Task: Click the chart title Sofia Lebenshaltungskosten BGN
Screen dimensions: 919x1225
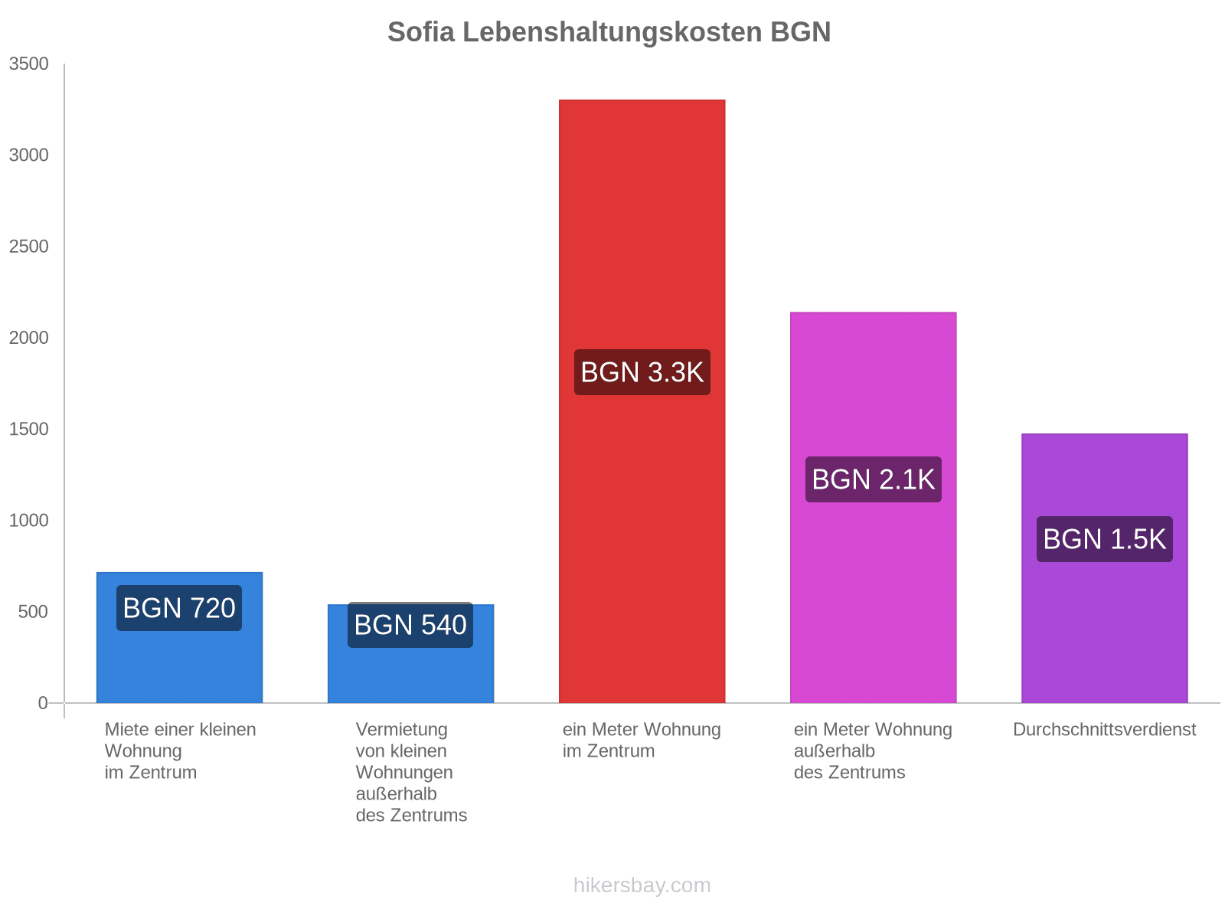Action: pos(609,32)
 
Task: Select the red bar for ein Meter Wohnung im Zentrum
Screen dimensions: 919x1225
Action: pos(642,230)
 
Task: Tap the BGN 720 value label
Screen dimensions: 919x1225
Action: pos(179,608)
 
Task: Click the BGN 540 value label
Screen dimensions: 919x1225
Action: pos(410,625)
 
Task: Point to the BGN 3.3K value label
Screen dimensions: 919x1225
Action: pos(642,372)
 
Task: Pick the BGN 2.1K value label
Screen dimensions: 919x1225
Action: pos(873,479)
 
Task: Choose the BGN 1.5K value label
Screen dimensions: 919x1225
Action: pos(1104,539)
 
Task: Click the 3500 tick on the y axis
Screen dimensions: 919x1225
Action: pos(29,64)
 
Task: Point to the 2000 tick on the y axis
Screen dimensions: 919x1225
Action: pos(29,338)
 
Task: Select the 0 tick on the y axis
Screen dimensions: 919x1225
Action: pos(43,703)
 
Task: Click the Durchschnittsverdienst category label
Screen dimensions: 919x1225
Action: pos(1104,730)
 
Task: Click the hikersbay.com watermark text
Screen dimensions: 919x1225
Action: pos(642,885)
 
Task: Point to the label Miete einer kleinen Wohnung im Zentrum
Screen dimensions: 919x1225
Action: pos(180,751)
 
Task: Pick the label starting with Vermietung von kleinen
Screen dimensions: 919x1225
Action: pos(411,772)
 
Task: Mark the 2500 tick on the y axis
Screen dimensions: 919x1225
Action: pos(29,247)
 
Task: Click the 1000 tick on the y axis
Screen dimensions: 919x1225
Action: pos(29,521)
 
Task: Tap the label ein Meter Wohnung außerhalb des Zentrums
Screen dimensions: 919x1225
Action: pos(873,751)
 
